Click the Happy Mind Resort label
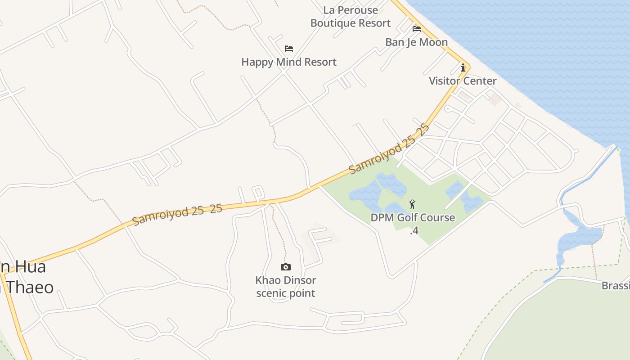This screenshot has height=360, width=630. point(288,62)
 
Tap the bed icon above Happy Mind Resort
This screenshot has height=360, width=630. point(289,49)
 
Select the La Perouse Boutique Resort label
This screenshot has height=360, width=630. point(351,17)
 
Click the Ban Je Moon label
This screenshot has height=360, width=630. point(416,42)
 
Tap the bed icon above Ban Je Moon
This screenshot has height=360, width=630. point(417,29)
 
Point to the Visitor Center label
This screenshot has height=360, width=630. point(462,81)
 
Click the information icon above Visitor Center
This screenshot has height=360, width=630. point(463,68)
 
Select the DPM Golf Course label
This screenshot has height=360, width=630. point(412,218)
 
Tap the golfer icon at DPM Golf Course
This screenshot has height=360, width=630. point(412,205)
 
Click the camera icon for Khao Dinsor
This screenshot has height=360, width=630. point(285,267)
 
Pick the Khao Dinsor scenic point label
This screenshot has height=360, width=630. point(286,287)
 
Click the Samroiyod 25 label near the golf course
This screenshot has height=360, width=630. point(389,149)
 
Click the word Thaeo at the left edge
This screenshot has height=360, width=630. point(31,288)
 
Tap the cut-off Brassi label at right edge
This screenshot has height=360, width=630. point(616,286)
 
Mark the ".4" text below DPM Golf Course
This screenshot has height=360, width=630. point(414,230)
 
